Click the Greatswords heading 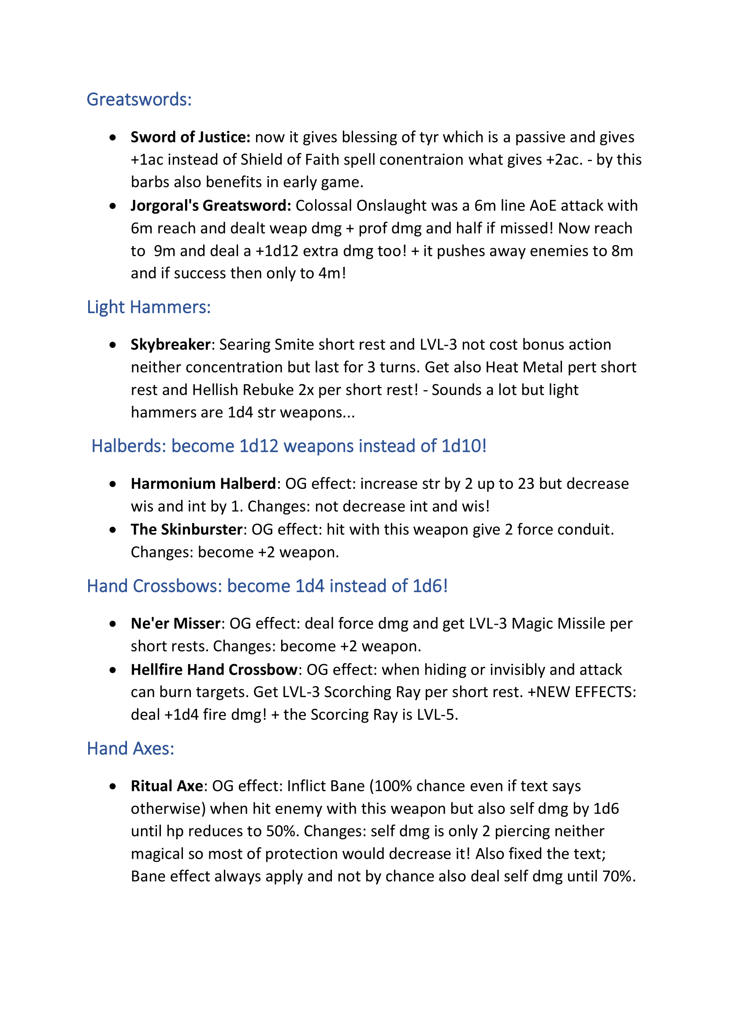[139, 100]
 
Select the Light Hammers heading [149, 307]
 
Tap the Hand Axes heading [130, 749]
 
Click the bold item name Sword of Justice [190, 137]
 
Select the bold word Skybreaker [171, 344]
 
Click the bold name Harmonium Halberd [203, 484]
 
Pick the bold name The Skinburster [187, 529]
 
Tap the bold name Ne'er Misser [175, 624]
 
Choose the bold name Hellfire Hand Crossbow [214, 670]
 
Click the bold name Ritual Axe [167, 786]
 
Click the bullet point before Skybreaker [113, 345]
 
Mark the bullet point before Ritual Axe [113, 786]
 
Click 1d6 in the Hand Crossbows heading [428, 586]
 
